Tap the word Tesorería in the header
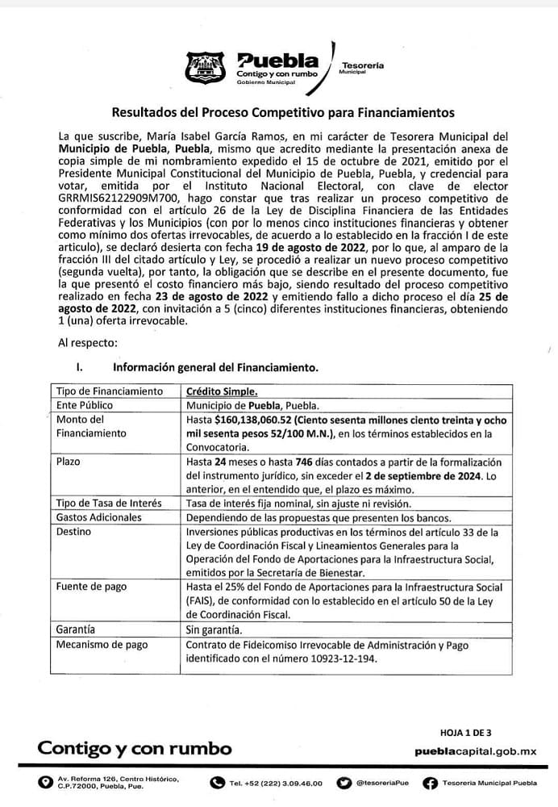pos(363,65)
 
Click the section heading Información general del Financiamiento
pos(215,366)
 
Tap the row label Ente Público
pos(85,405)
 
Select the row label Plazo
pos(69,462)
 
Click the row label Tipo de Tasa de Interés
pos(109,503)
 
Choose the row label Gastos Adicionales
pos(98,517)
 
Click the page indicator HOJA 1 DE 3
pos(465,733)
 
